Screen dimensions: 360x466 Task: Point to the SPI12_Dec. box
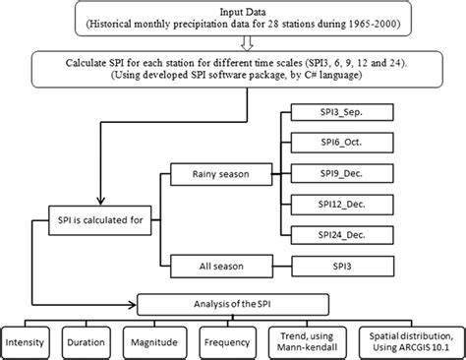(318, 204)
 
